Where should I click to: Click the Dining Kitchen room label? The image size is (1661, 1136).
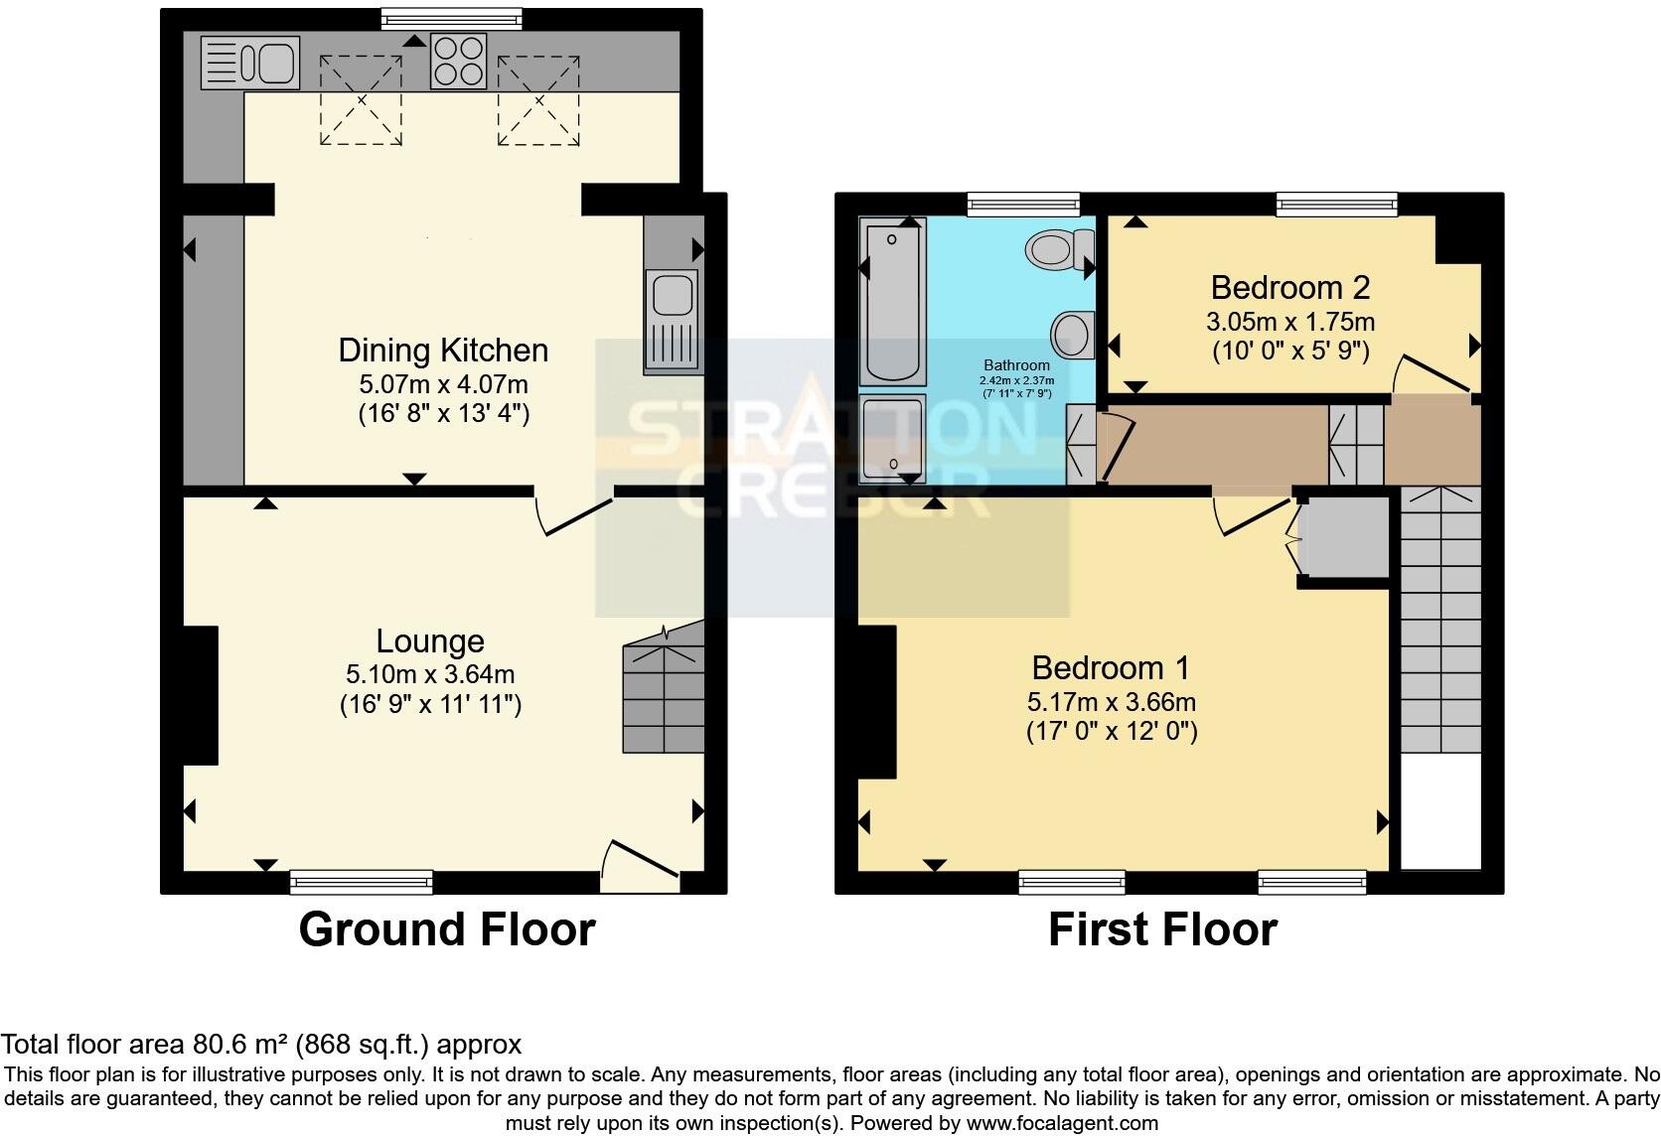tap(443, 351)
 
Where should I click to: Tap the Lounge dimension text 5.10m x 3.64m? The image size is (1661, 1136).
tap(430, 675)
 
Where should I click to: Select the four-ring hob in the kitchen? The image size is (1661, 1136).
tap(458, 61)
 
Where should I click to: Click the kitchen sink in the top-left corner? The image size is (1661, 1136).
tap(249, 62)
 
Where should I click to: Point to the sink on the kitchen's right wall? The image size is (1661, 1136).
tap(673, 320)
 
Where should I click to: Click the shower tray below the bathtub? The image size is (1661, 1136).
tap(892, 438)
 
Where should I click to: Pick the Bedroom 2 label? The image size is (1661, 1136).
tap(1289, 288)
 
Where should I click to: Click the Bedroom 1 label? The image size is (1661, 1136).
tap(1111, 668)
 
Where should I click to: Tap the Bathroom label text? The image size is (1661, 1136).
tap(1016, 365)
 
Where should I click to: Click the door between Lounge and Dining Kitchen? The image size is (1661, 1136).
tap(573, 511)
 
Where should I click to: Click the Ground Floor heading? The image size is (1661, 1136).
tap(446, 929)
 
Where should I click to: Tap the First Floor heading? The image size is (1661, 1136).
tap(1161, 929)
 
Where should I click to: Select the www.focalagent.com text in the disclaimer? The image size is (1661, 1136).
tap(1062, 1123)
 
